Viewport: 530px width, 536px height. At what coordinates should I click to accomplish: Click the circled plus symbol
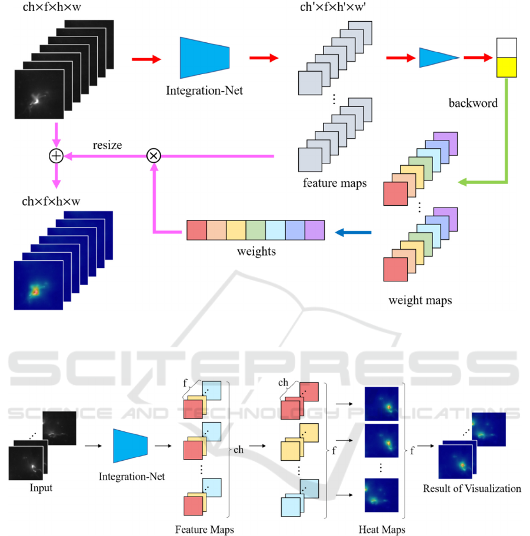point(56,156)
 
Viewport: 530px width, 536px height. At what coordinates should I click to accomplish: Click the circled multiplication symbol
point(154,156)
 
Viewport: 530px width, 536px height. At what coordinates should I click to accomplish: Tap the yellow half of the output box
point(506,68)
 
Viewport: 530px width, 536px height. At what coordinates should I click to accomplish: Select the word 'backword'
point(473,103)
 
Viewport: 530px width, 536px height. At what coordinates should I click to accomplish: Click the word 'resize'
point(107,144)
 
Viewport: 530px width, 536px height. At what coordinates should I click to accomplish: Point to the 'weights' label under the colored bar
point(256,252)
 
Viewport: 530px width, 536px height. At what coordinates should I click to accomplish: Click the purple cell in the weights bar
point(315,230)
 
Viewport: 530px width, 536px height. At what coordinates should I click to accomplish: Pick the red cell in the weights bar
point(196,230)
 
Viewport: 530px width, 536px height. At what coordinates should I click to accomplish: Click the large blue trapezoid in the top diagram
point(205,58)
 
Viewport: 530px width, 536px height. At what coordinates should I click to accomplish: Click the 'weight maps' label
point(420,300)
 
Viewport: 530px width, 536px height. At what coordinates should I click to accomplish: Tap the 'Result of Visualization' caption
point(472,488)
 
